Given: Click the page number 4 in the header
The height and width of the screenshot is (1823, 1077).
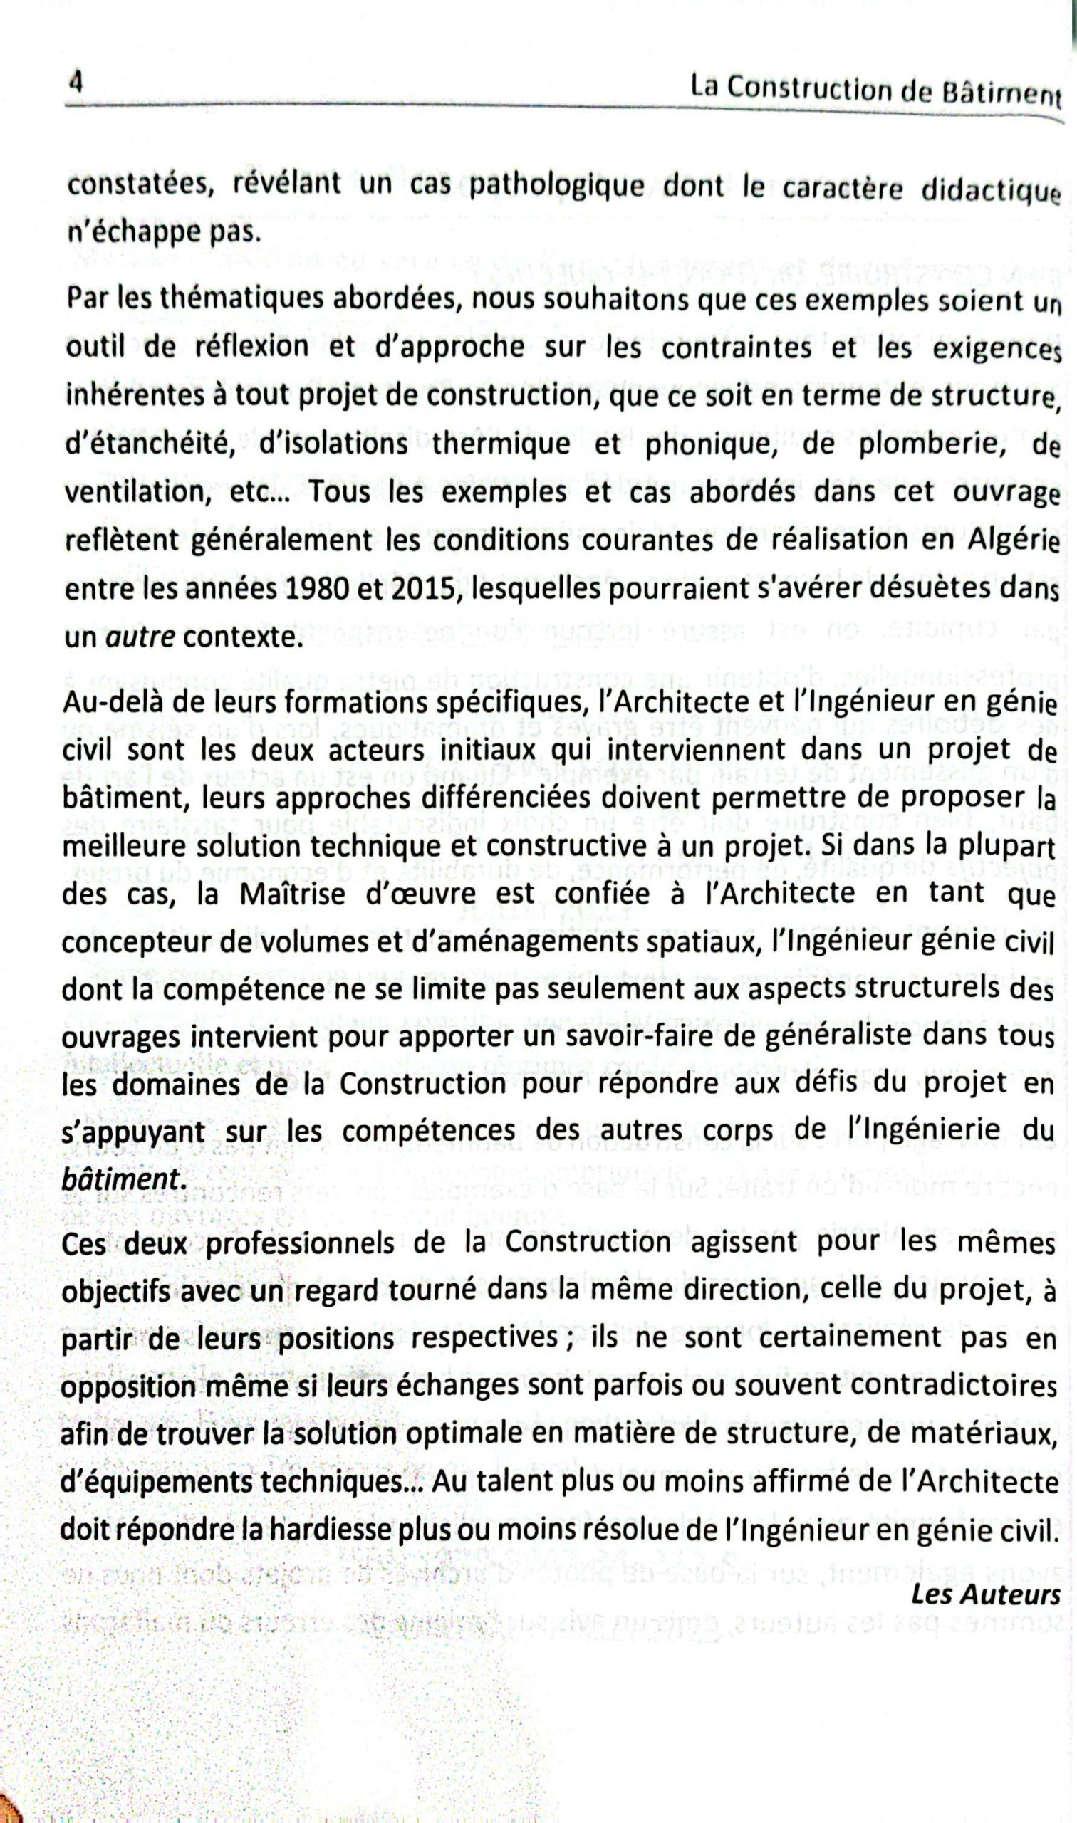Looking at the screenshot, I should (x=74, y=81).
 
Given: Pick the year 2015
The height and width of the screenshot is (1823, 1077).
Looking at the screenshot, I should (x=424, y=590).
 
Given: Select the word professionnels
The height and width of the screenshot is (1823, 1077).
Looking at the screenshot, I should (x=302, y=1243).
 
